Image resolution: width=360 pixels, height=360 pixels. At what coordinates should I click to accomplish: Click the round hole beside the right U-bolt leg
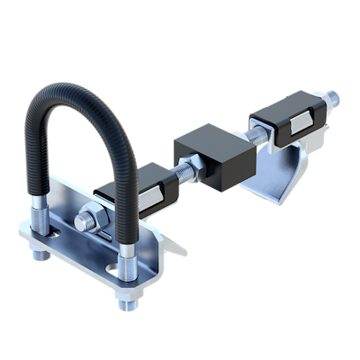[x=114, y=268]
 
